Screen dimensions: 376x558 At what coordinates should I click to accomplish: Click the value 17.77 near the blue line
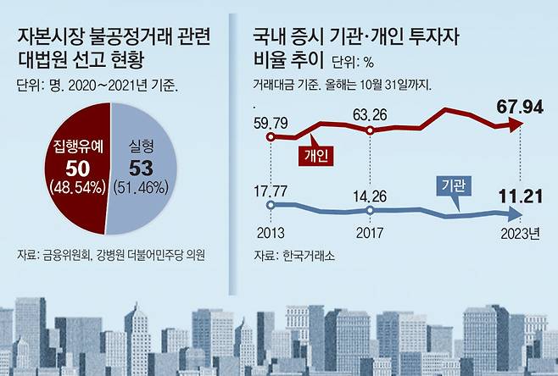[x=271, y=189]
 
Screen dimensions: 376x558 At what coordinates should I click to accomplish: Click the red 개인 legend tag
[x=315, y=154]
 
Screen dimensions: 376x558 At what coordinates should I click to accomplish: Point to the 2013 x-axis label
[x=270, y=232]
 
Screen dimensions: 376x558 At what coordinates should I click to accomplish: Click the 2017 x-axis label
[x=371, y=232]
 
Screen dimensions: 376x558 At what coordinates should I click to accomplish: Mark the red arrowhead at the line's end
[x=515, y=125]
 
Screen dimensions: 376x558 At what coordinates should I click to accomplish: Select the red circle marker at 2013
[x=270, y=136]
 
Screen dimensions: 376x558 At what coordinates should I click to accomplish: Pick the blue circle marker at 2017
[x=371, y=210]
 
